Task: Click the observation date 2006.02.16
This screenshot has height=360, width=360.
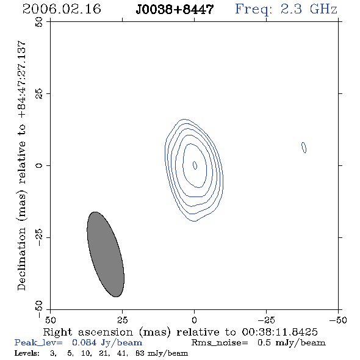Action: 62,9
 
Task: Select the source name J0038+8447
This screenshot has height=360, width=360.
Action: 175,9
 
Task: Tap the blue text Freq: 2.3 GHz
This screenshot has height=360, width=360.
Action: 286,10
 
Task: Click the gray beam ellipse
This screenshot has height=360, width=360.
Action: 106,254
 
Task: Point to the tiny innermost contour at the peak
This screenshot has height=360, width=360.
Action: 195,165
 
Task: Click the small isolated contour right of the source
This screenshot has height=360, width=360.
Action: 304,148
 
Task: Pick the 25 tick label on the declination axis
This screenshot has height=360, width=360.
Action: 39,94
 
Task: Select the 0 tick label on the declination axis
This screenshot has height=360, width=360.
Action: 39,165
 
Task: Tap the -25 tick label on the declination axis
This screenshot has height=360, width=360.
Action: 39,237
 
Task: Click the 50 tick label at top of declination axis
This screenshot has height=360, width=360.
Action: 39,22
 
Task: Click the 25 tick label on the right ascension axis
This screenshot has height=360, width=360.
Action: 123,320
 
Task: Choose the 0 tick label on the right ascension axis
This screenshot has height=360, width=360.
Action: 194,320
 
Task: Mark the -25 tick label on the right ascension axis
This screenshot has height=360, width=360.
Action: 266,320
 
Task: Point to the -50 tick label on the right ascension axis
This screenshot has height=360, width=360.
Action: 338,320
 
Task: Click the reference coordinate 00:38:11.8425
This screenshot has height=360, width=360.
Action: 279,332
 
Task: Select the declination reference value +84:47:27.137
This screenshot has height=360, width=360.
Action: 22,80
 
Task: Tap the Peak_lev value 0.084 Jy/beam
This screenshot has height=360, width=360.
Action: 107,343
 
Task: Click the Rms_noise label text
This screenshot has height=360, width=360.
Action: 220,343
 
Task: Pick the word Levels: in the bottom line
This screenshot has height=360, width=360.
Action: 27,353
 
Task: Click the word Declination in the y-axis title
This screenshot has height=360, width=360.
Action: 21,259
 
